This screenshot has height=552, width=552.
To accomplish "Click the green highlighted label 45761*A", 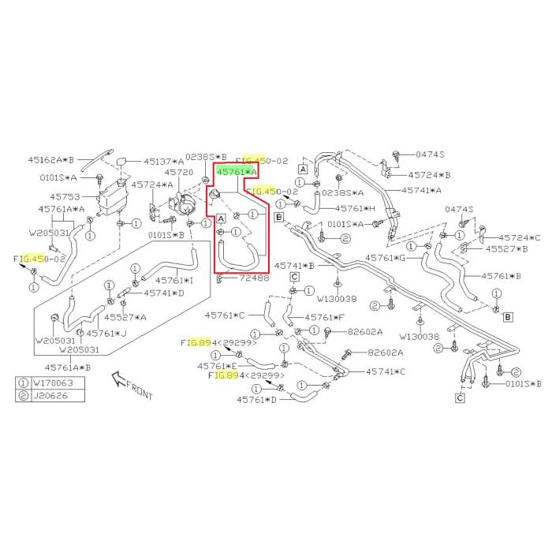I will click(237, 170).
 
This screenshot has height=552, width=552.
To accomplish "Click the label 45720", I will click(177, 172).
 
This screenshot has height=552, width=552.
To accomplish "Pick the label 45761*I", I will click(173, 281).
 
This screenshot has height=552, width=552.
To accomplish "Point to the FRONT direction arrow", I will click(131, 385).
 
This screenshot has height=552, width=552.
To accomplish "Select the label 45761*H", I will click(356, 209).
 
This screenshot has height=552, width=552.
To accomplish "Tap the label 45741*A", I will click(421, 190).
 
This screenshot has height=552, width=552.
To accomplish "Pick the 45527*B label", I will click(505, 249).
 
